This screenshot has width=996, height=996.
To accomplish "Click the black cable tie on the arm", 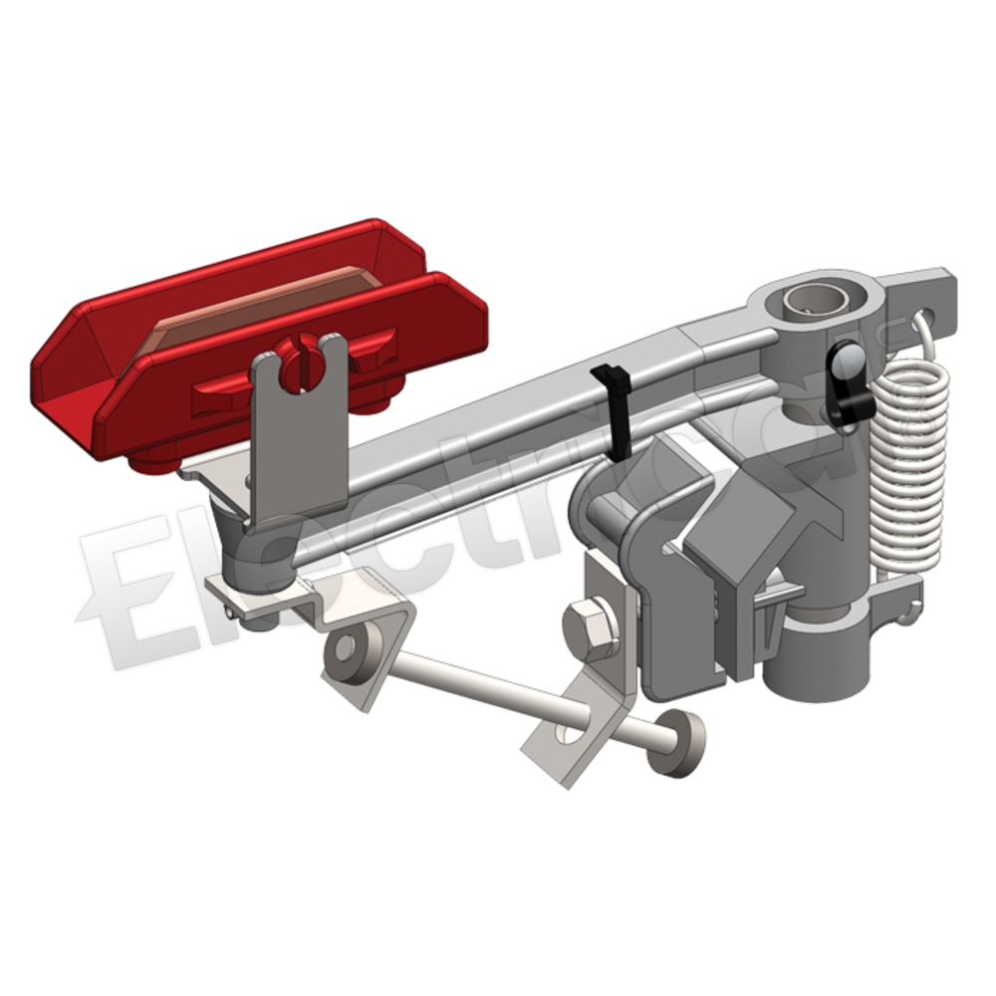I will pyautogui.click(x=613, y=408).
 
